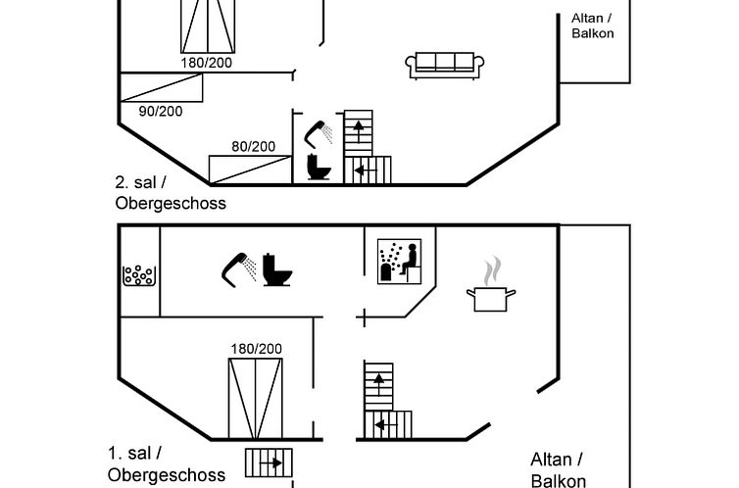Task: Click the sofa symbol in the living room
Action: pyautogui.click(x=444, y=65)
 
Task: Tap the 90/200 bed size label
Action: pyautogui.click(x=160, y=111)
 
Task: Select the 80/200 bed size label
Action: pyautogui.click(x=253, y=146)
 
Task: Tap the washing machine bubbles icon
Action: pyautogui.click(x=138, y=275)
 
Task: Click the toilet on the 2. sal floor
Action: pyautogui.click(x=320, y=167)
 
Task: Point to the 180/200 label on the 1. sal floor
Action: pyautogui.click(x=256, y=348)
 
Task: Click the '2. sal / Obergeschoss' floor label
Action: pyautogui.click(x=170, y=193)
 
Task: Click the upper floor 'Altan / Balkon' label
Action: pyautogui.click(x=592, y=24)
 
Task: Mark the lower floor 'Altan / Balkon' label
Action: pyautogui.click(x=559, y=469)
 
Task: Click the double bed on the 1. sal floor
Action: pyautogui.click(x=256, y=400)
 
